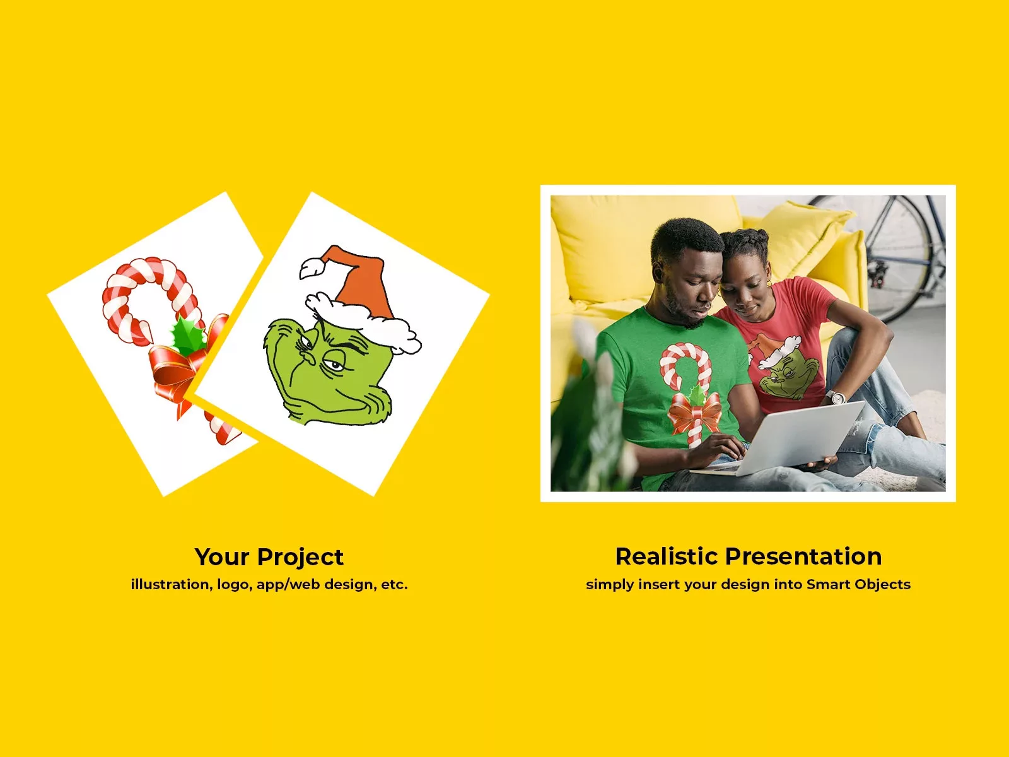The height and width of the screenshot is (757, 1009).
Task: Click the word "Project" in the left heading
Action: [x=300, y=558]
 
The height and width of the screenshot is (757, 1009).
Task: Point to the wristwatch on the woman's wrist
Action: [x=837, y=397]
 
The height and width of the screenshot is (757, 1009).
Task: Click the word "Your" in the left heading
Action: [x=222, y=558]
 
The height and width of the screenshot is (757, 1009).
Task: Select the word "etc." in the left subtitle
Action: [x=394, y=584]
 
